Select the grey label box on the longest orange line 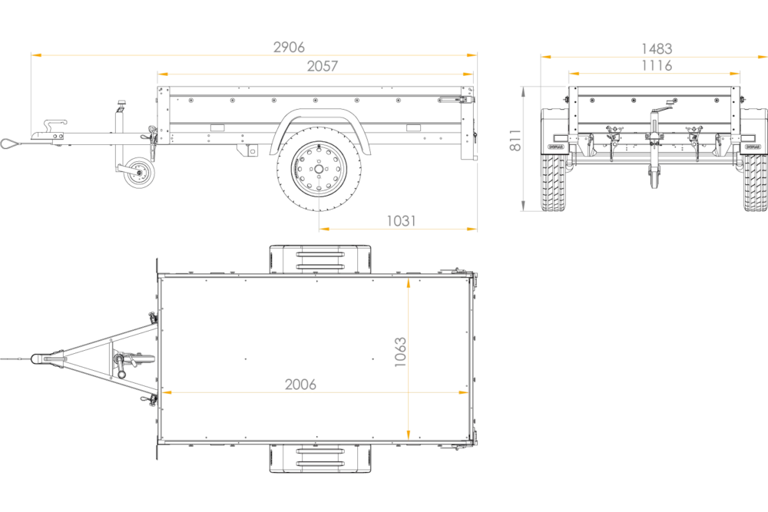click(x=288, y=45)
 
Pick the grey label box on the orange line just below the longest click(x=323, y=64)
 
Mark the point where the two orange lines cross click(x=409, y=392)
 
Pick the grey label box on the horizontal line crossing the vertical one click(x=300, y=382)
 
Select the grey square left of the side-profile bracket click(x=514, y=141)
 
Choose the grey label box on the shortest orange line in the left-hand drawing click(x=402, y=220)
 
